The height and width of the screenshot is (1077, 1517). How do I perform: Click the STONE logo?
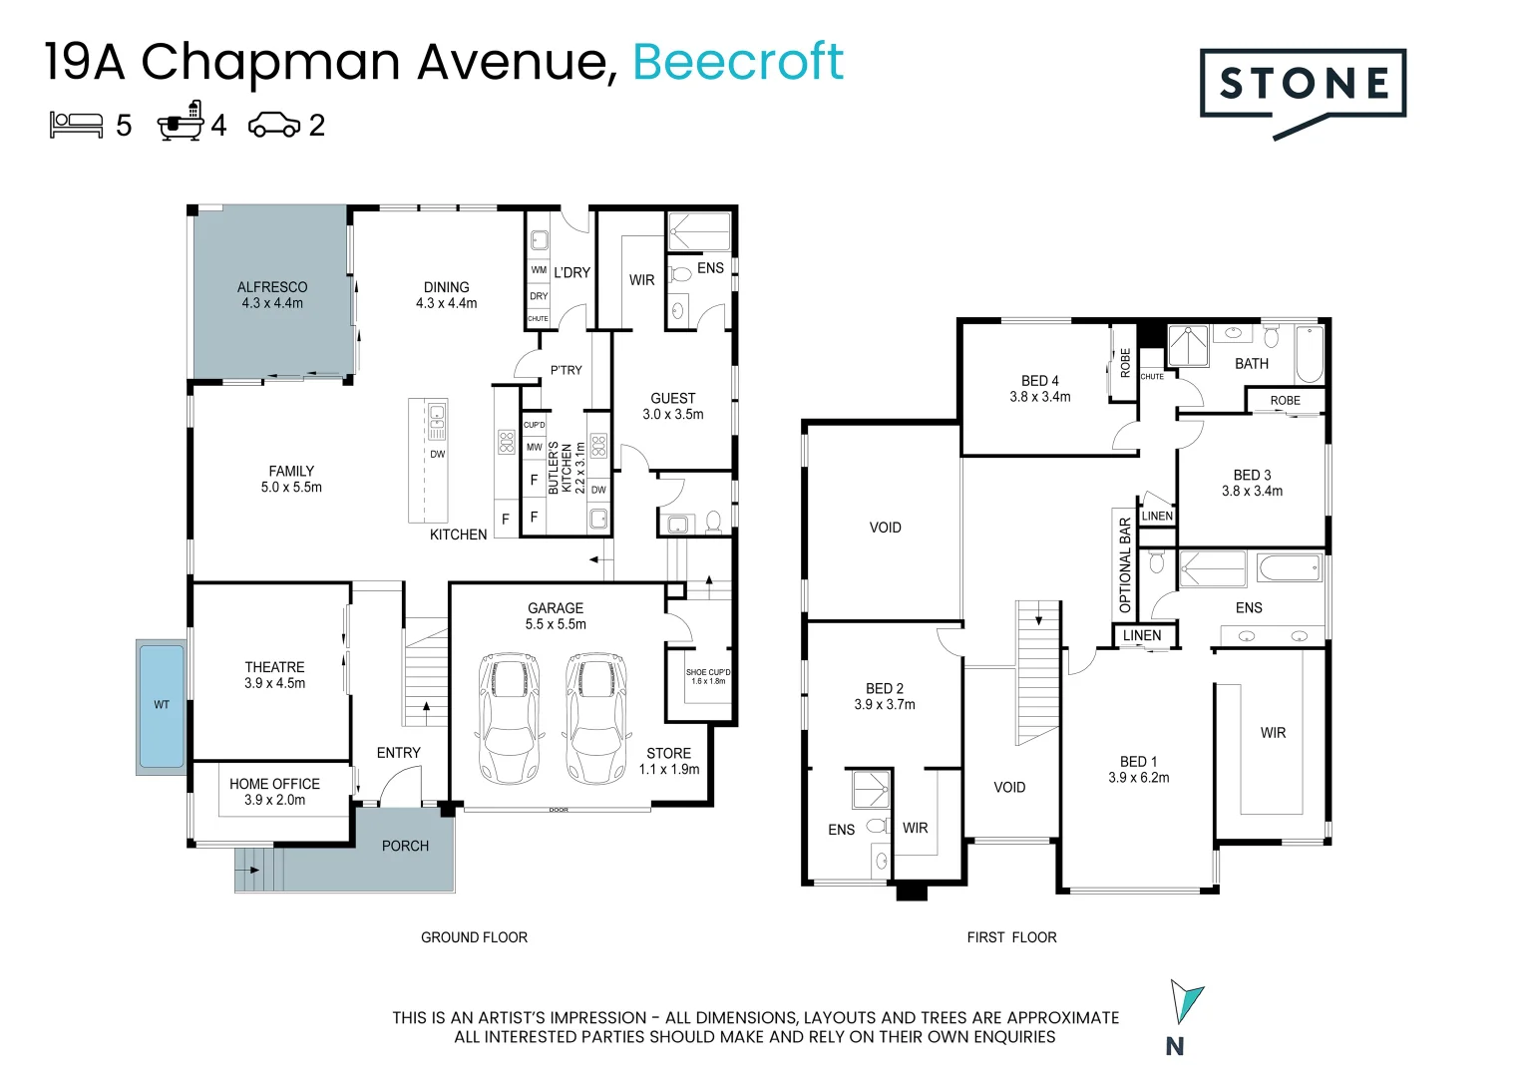pyautogui.click(x=1303, y=86)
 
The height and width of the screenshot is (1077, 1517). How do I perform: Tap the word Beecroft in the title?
pyautogui.click(x=738, y=62)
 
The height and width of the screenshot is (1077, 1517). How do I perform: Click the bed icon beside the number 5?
pyautogui.click(x=77, y=125)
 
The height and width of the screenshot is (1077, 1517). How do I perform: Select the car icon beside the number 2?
pyautogui.click(x=273, y=125)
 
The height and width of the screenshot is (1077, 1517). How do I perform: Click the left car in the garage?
pyautogui.click(x=510, y=718)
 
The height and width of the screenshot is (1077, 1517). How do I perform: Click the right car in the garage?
pyautogui.click(x=596, y=718)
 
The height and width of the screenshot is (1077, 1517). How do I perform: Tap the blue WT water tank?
pyautogui.click(x=162, y=706)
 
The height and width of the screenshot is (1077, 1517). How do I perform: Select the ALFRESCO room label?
pyautogui.click(x=272, y=287)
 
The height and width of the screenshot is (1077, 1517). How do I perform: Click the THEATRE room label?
pyautogui.click(x=274, y=667)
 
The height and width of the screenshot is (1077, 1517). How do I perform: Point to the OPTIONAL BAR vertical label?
pyautogui.click(x=1125, y=564)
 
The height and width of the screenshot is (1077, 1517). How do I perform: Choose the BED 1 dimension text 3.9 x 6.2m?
pyautogui.click(x=1138, y=778)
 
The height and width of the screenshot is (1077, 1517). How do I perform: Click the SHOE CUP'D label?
pyautogui.click(x=707, y=672)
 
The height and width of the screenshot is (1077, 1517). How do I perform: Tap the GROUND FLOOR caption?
pyautogui.click(x=474, y=937)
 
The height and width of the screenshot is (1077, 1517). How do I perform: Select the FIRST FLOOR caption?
pyautogui.click(x=1011, y=937)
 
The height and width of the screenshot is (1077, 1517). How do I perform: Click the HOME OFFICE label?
pyautogui.click(x=274, y=784)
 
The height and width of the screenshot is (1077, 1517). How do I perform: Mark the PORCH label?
pyautogui.click(x=405, y=846)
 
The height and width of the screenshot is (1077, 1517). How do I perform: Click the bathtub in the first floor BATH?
pyautogui.click(x=1309, y=355)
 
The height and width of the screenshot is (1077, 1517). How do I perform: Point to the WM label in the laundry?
pyautogui.click(x=539, y=270)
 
